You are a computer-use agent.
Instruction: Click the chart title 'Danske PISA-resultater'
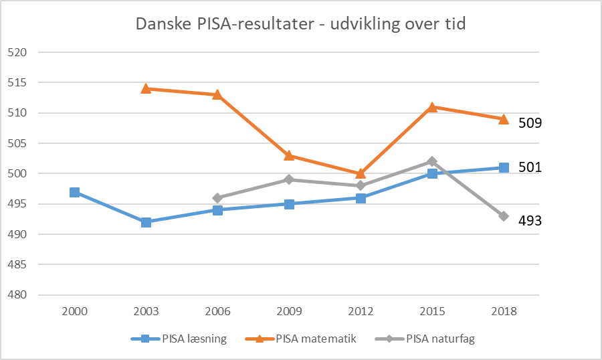click(x=300, y=24)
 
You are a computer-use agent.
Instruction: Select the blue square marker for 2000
click(x=75, y=192)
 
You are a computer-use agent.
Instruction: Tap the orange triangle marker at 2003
click(x=146, y=88)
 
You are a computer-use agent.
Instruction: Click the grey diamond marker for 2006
click(x=218, y=198)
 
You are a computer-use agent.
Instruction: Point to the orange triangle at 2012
click(x=361, y=173)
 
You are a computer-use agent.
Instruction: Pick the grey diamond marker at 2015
click(x=433, y=161)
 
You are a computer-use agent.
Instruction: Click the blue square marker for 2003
click(x=146, y=222)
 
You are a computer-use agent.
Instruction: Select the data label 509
click(x=530, y=123)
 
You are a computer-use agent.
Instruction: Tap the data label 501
click(x=530, y=167)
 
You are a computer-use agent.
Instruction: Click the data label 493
click(x=530, y=219)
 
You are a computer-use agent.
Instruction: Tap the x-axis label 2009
click(x=290, y=311)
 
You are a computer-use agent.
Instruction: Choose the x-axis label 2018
click(x=504, y=311)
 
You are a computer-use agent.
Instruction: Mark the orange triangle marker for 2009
click(x=290, y=155)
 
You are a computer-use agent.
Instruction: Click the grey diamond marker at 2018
click(x=504, y=216)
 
